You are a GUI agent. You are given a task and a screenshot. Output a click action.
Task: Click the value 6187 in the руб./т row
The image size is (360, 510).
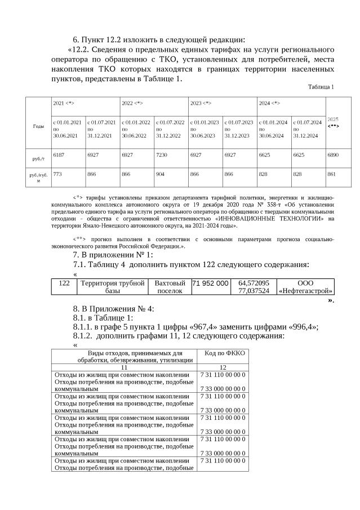tap(59, 153)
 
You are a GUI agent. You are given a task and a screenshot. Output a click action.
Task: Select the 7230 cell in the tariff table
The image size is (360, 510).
tap(162, 153)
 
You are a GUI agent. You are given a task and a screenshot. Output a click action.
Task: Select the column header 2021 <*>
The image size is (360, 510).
tap(64, 104)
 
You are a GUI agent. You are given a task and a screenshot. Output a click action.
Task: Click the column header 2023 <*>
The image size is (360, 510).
tap(201, 104)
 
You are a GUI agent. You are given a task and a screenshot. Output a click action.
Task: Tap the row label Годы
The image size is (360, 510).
tap(38, 127)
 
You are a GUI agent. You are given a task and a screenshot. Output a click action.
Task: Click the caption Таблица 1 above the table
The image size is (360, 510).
tap(321, 87)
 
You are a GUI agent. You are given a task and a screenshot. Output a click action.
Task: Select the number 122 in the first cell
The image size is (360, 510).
tap(64, 283)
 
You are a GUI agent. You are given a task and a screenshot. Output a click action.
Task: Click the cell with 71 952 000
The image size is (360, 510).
tap(211, 283)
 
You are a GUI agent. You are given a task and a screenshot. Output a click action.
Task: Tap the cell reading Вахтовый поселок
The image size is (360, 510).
tap(170, 287)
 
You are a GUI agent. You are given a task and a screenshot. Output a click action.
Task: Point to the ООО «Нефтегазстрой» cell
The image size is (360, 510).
tap(306, 287)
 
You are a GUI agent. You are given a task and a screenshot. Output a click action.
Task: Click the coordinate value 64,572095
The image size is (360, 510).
tap(254, 283)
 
